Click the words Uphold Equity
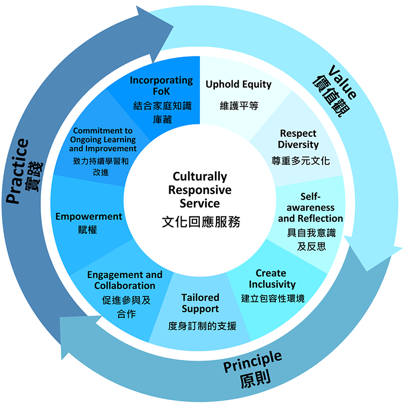(x=239, y=85)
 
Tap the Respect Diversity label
(x=298, y=139)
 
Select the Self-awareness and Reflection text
(x=310, y=207)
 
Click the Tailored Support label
(x=200, y=303)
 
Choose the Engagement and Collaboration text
(x=125, y=280)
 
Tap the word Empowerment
(x=89, y=217)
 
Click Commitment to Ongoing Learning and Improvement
(x=103, y=140)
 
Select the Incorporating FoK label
(x=162, y=86)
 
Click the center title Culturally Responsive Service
(x=200, y=190)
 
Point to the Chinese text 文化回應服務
(x=200, y=222)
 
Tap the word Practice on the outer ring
(x=18, y=171)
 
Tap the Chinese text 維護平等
(x=239, y=106)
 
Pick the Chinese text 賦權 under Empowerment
(x=87, y=230)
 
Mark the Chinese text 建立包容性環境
(x=273, y=297)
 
